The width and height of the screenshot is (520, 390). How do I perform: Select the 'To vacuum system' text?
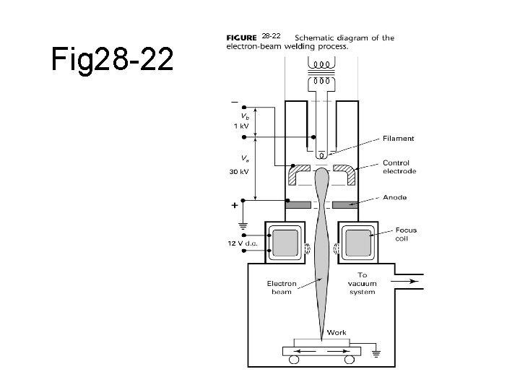point(362,284)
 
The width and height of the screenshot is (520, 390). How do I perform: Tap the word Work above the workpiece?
point(337,333)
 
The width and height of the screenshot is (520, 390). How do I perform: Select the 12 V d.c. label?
point(243,243)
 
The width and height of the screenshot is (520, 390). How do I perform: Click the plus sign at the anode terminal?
point(234,206)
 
